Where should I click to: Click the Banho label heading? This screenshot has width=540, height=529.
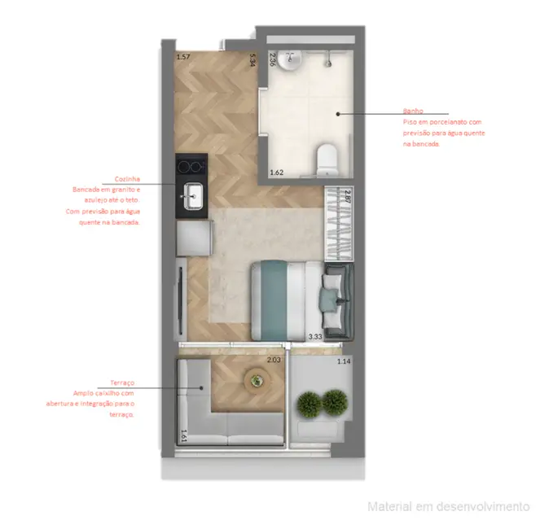411,111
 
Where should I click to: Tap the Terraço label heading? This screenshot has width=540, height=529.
121,383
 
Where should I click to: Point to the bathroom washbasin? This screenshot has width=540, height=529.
292,59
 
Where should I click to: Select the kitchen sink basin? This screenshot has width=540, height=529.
195,195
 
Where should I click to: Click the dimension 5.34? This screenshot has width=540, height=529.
253,59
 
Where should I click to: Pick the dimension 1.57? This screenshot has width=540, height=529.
183,57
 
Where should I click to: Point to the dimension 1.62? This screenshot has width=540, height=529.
276,173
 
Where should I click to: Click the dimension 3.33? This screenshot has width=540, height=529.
314,335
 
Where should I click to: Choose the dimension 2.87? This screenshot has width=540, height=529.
347,195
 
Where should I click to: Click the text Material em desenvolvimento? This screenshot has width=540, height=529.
448,506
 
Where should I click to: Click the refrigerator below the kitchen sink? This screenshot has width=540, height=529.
195,238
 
